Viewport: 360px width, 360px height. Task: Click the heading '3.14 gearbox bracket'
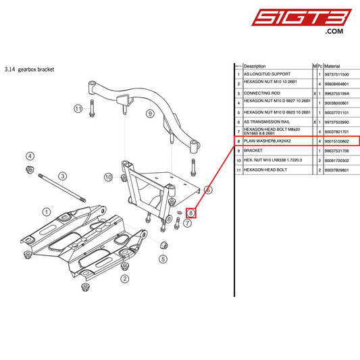click(29, 69)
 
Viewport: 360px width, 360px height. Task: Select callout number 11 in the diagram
click(78, 108)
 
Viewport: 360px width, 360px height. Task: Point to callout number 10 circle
click(108, 177)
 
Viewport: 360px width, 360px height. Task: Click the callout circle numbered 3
click(62, 177)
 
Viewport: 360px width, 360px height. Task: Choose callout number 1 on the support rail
click(47, 212)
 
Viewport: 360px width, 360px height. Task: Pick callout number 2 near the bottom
click(124, 278)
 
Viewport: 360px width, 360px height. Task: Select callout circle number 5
click(163, 259)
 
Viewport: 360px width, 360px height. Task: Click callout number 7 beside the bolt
click(187, 222)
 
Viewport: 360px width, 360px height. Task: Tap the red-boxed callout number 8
click(191, 212)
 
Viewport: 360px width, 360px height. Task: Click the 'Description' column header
click(255, 66)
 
